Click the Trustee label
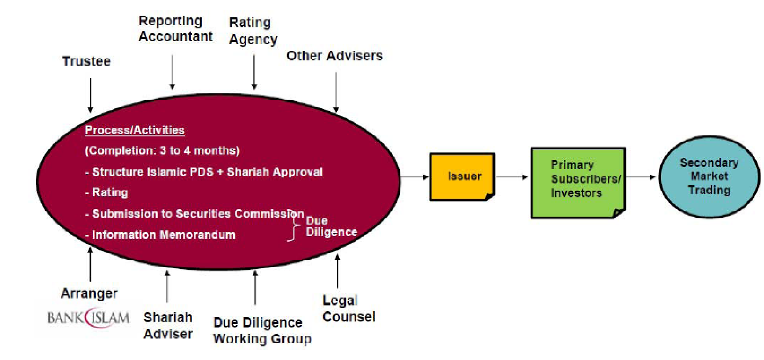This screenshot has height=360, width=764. [87, 61]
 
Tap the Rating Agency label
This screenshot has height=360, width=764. [253, 31]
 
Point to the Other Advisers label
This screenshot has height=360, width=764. [334, 55]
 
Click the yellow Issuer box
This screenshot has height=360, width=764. [462, 176]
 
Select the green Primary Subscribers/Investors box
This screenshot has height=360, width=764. [577, 183]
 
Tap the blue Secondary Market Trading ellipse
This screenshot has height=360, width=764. [709, 176]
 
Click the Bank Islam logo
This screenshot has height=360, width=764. [88, 317]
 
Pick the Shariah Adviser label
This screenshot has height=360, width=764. [168, 325]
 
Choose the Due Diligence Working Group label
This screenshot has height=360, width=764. [262, 331]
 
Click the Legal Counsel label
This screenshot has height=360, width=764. [349, 309]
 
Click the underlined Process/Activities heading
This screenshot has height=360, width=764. [135, 130]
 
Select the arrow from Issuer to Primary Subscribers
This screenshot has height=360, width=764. [512, 177]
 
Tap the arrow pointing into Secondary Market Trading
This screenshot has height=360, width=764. [641, 177]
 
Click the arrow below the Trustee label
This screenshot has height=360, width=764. [90, 95]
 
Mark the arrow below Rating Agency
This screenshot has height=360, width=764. [254, 72]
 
